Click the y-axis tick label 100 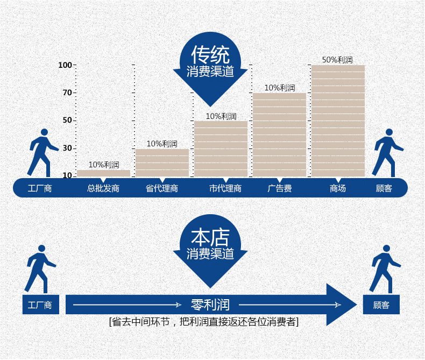65,65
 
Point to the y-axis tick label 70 67,93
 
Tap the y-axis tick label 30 67,148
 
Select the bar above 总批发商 103,173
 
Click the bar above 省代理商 162,163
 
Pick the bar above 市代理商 221,149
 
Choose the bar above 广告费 279,135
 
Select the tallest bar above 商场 338,121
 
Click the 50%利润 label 337,60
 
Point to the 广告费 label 279,188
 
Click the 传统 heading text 210,54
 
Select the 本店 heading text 210,237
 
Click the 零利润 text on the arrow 210,305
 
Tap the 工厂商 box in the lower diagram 40,305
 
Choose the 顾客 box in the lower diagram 381,305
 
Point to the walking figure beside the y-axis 42,152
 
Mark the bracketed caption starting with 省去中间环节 204,322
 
